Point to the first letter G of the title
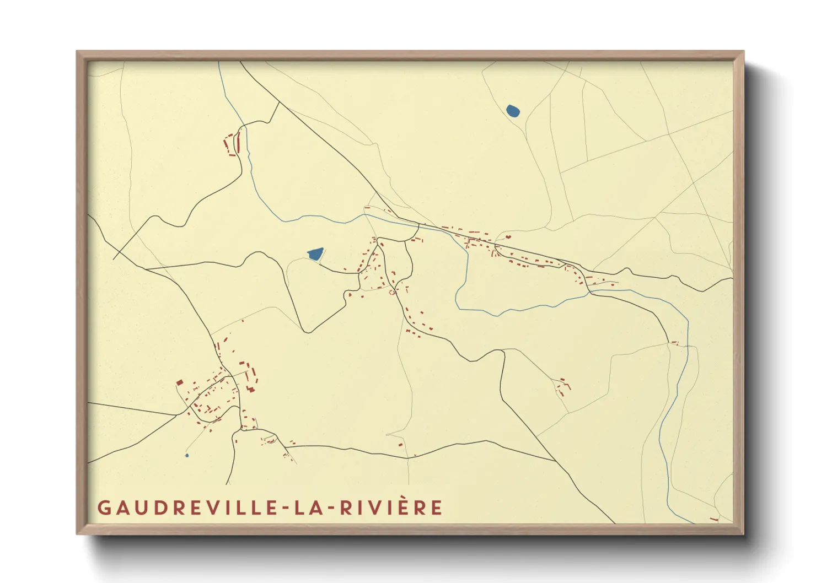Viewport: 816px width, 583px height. pos(104,508)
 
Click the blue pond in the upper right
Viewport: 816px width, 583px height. pos(513,111)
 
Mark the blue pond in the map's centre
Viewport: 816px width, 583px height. pos(315,254)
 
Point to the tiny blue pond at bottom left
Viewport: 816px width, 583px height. pos(187,455)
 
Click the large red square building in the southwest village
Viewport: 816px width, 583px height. pos(179,382)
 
